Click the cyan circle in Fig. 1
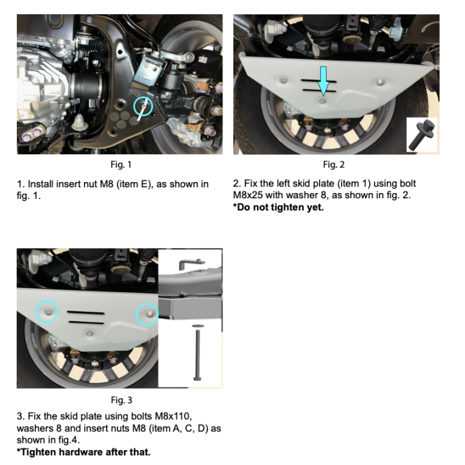(134, 106)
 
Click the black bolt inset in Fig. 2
(421, 134)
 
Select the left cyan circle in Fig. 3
(36, 311)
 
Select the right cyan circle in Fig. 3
(137, 315)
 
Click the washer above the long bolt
(198, 325)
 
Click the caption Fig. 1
(121, 165)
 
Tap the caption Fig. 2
(334, 165)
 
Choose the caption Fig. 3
(121, 400)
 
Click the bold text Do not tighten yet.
(280, 207)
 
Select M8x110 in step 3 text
(173, 417)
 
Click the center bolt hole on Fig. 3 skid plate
(90, 333)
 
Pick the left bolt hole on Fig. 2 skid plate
(284, 80)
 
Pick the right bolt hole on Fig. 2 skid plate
(380, 83)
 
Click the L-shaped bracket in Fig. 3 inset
(190, 262)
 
